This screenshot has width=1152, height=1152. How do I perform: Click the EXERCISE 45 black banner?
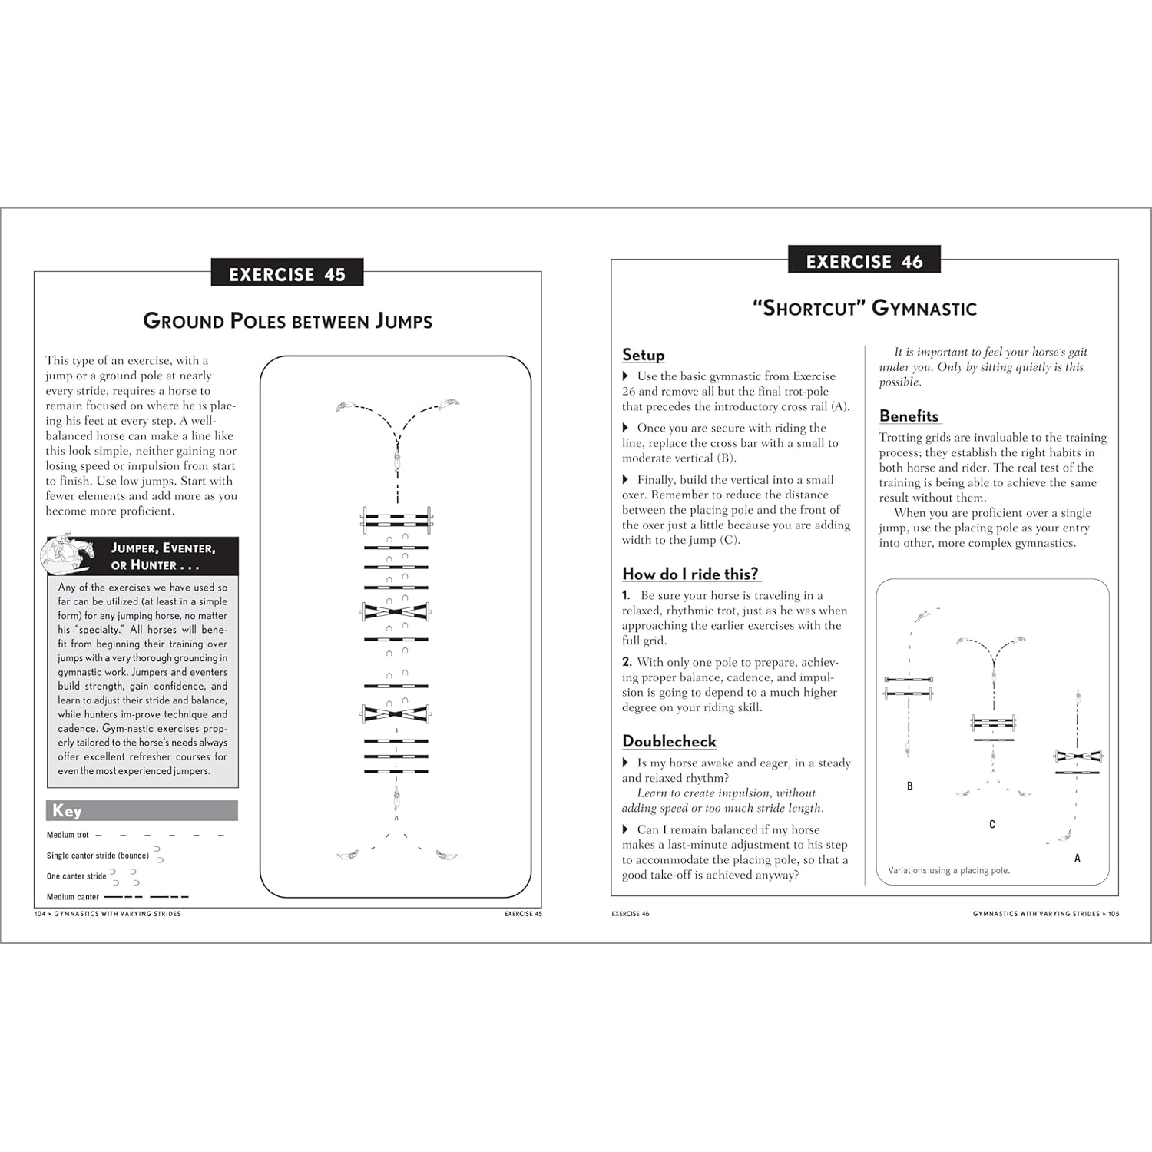[x=286, y=273]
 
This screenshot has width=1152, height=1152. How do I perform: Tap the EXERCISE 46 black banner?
[x=864, y=261]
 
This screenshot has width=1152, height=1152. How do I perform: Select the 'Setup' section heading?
[x=643, y=355]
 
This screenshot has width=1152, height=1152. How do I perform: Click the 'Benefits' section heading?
[x=909, y=415]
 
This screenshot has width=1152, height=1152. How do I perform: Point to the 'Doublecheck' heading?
[x=669, y=741]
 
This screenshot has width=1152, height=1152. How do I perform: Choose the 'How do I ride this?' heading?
[x=690, y=574]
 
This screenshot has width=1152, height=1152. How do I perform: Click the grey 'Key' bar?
[x=142, y=811]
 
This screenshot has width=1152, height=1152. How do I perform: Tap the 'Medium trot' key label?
[x=68, y=835]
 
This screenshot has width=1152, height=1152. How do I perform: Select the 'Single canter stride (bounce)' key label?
[x=98, y=856]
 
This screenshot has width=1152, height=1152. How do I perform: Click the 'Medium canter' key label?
[x=73, y=897]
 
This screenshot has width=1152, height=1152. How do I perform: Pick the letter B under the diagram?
[x=910, y=786]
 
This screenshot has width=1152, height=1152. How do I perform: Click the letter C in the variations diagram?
[x=992, y=825]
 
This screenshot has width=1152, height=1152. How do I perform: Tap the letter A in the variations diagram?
[x=1077, y=859]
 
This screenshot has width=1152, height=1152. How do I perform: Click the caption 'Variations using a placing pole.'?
[x=948, y=870]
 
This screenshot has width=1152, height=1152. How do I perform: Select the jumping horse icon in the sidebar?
[x=68, y=555]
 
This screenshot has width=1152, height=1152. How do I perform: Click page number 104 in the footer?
[x=41, y=914]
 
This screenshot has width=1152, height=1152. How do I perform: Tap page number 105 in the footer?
[x=1114, y=914]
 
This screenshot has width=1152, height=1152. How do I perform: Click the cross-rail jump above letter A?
[x=1078, y=756]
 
